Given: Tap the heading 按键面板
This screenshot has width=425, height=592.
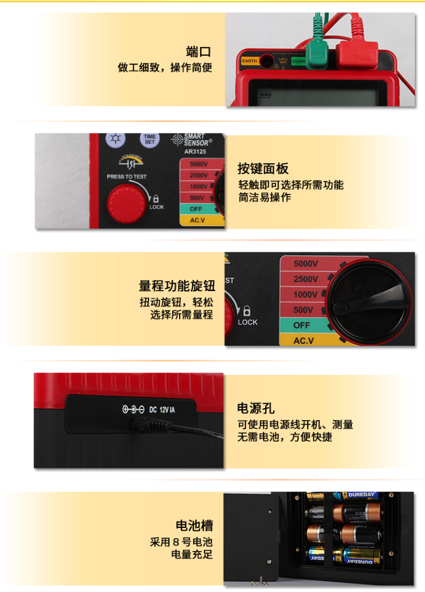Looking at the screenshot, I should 263,168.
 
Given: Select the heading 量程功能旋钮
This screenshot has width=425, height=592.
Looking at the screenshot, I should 177,285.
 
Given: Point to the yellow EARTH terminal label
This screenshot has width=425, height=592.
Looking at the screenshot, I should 249,61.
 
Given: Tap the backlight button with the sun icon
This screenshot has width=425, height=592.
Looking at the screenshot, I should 117,139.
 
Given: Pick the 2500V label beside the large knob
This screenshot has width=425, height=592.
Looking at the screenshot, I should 305,279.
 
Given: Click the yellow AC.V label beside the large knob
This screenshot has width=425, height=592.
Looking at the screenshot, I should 304,341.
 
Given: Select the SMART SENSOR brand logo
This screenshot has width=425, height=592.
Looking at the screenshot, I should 193,139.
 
